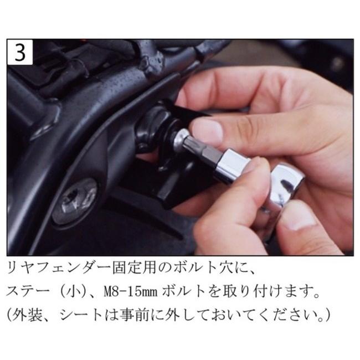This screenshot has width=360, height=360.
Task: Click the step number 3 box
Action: click(x=20, y=53)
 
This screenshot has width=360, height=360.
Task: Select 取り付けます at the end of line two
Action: click(x=282, y=292)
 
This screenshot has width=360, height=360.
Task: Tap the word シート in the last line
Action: click(x=84, y=315)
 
